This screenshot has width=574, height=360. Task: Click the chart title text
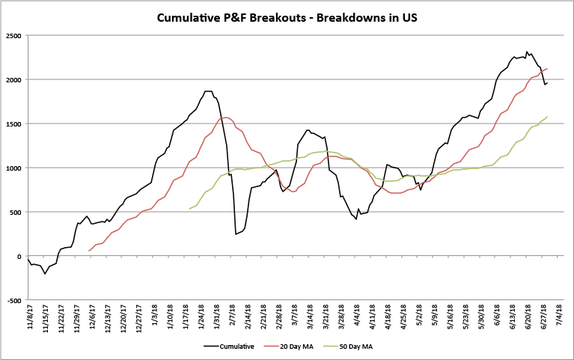click(287, 17)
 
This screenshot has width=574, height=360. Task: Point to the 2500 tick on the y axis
click(13, 35)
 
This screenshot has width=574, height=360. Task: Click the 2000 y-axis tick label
click(13, 79)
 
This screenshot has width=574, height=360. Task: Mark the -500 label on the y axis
click(13, 300)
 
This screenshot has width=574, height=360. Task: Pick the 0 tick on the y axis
click(19, 256)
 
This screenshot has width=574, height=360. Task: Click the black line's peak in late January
click(207, 91)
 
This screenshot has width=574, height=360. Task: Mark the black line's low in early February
click(236, 234)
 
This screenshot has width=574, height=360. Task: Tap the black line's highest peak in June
click(527, 52)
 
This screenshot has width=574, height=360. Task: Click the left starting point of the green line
click(189, 209)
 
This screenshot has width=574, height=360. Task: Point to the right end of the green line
click(547, 117)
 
